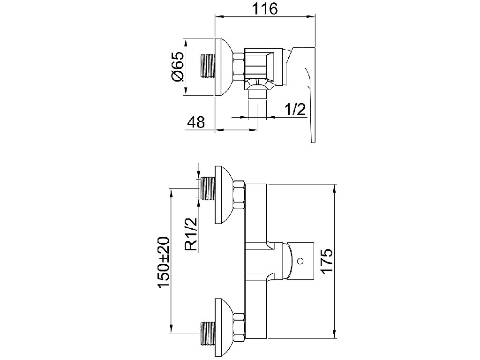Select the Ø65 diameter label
[x=179, y=67]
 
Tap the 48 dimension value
[x=196, y=122]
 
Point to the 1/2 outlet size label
[x=295, y=109]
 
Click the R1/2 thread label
[x=192, y=234]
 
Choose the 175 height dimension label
[x=326, y=261]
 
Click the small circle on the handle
[x=300, y=261]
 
